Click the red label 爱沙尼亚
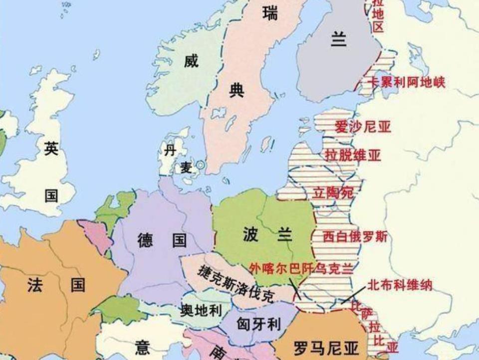(x=363, y=127)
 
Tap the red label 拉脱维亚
(x=353, y=155)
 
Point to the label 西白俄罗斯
(x=355, y=235)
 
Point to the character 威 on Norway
(x=191, y=61)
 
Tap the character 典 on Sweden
(x=237, y=91)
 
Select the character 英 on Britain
(x=51, y=148)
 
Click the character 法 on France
(x=35, y=285)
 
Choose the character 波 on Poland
(x=250, y=234)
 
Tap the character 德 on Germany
(x=145, y=240)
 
